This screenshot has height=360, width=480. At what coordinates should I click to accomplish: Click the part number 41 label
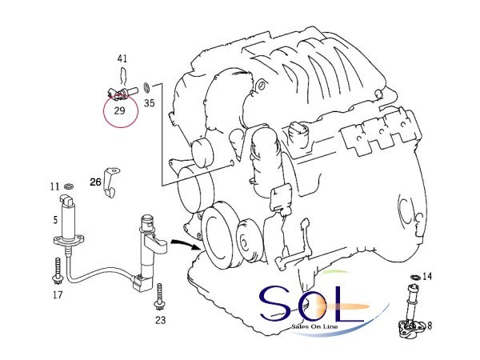pyautogui.click(x=122, y=58)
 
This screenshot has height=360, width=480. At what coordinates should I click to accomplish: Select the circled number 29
pyautogui.click(x=119, y=110)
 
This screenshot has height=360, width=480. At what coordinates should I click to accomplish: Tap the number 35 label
pyautogui.click(x=150, y=103)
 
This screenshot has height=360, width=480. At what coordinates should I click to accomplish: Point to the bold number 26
pyautogui.click(x=95, y=182)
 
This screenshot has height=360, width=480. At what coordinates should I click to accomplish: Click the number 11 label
pyautogui.click(x=54, y=186)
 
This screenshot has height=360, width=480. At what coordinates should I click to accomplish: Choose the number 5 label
pyautogui.click(x=55, y=220)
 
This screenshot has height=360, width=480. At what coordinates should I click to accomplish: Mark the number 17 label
pyautogui.click(x=58, y=294)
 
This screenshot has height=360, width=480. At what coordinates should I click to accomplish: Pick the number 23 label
pyautogui.click(x=161, y=320)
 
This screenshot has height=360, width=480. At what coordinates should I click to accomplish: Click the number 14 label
pyautogui.click(x=427, y=277)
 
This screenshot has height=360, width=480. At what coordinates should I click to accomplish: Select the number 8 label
pyautogui.click(x=430, y=326)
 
